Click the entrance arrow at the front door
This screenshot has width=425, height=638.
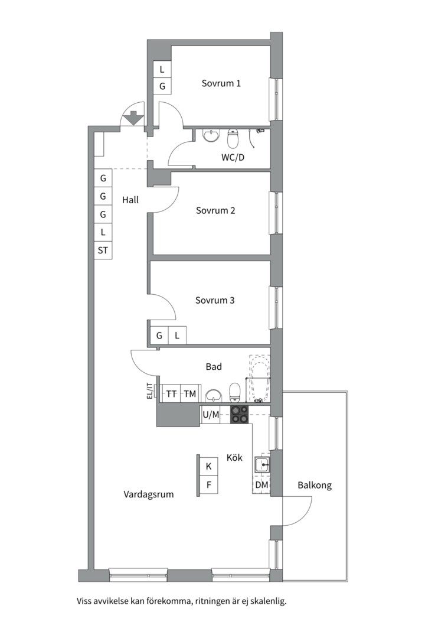click(133, 118)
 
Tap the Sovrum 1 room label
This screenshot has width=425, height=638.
click(221, 83)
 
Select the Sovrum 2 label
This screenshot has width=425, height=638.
click(215, 210)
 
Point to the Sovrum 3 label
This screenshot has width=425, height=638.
click(215, 300)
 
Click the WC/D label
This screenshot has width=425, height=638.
click(233, 158)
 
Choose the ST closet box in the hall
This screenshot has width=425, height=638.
click(103, 250)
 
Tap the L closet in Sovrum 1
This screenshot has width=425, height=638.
click(162, 69)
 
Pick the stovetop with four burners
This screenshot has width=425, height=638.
click(240, 415)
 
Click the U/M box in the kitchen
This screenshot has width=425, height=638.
click(211, 415)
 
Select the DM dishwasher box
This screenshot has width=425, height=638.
click(261, 484)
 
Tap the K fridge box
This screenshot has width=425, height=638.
click(208, 466)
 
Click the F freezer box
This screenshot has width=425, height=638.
click(208, 484)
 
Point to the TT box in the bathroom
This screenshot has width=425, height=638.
click(171, 393)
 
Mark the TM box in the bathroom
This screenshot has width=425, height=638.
click(190, 393)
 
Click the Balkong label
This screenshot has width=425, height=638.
click(315, 485)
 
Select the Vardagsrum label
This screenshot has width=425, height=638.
click(148, 494)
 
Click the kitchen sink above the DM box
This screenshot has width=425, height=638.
click(262, 464)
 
